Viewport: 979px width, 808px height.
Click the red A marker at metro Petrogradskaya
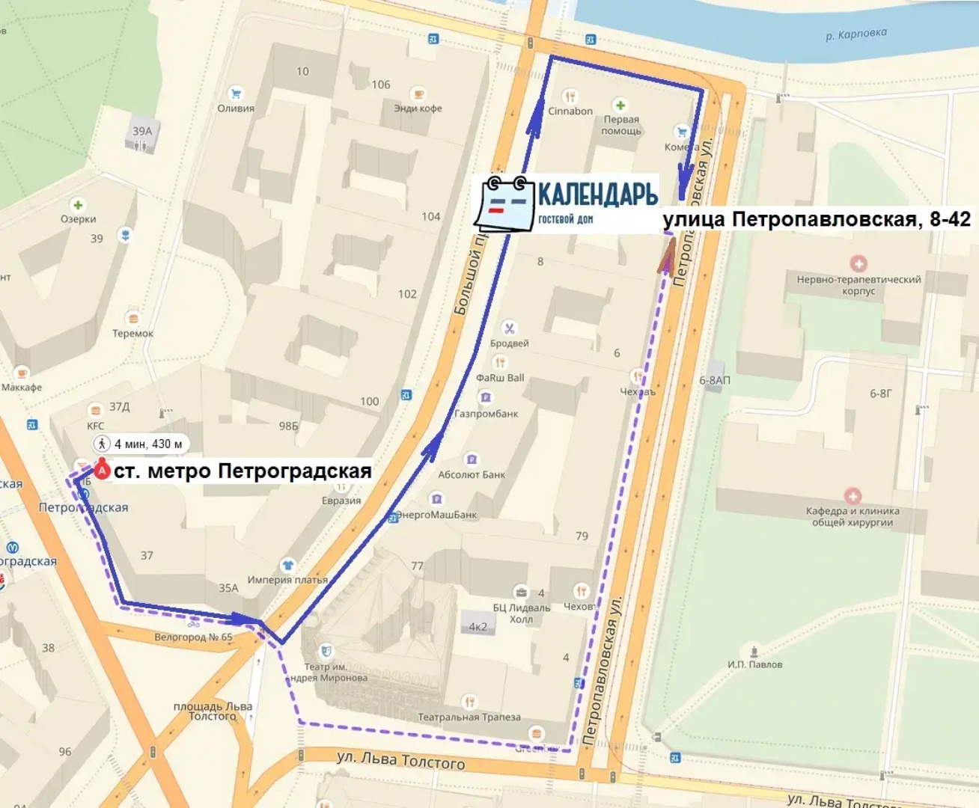pos(103,471)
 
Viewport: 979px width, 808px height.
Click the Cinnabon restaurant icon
pos(570,97)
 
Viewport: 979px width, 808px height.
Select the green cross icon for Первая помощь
pos(620,105)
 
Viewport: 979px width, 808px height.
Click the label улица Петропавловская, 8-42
pos(816,219)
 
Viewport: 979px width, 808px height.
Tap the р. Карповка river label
pos(856,34)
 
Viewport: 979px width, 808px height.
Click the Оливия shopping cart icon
pos(236,94)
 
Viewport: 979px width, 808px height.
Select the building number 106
pos(381,85)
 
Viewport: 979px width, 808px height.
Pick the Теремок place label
pos(132,334)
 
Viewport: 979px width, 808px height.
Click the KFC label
pos(96,426)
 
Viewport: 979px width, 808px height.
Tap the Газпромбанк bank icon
pos(486,397)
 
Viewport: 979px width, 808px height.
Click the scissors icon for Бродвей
pos(509,328)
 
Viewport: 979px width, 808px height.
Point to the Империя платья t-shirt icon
pos(287,565)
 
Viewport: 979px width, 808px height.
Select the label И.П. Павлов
pos(754,664)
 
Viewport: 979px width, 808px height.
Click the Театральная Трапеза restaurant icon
pos(469,702)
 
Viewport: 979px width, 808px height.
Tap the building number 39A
pos(142,131)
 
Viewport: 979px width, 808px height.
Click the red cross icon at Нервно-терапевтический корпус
pos(858,263)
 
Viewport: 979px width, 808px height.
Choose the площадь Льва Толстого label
pos(213,711)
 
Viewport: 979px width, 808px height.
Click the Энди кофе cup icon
pos(418,94)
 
